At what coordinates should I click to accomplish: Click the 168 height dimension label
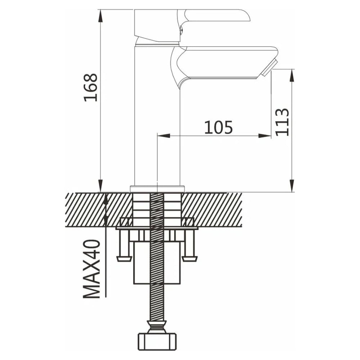click(x=91, y=87)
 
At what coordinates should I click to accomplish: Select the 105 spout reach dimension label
click(x=219, y=127)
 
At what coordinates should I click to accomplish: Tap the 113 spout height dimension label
click(x=282, y=122)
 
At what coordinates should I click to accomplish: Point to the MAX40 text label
click(x=91, y=269)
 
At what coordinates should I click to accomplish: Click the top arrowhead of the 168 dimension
click(x=100, y=16)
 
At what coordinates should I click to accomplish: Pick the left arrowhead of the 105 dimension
click(x=163, y=135)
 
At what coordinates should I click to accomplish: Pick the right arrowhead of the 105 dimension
click(x=265, y=135)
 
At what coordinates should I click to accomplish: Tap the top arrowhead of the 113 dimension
click(x=292, y=75)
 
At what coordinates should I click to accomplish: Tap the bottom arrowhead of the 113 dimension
click(x=292, y=185)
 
